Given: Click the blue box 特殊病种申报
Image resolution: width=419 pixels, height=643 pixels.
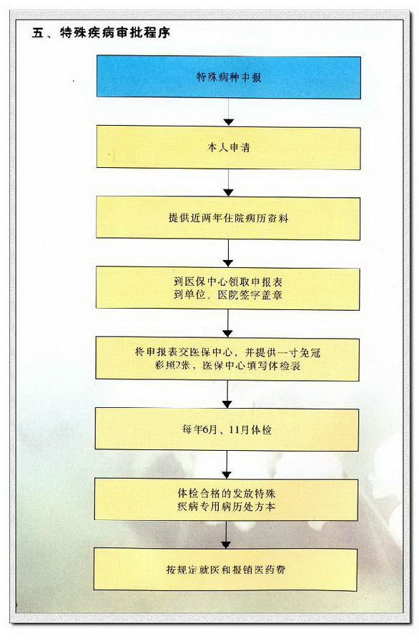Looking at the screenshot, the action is click(229, 77).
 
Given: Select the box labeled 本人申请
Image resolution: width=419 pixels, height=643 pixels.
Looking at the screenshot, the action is click(229, 148).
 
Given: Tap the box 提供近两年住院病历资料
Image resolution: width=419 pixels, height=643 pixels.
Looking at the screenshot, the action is click(228, 218).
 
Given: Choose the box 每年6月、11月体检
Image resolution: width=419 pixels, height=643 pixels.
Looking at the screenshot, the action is click(227, 429).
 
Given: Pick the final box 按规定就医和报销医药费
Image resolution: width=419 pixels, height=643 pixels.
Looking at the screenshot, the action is click(226, 569).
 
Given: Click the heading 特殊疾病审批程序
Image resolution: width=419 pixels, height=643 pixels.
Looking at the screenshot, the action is click(115, 33).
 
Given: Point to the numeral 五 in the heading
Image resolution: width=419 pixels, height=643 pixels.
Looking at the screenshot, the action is click(38, 33).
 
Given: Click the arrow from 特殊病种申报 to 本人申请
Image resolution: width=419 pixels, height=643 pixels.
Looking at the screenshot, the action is click(229, 112).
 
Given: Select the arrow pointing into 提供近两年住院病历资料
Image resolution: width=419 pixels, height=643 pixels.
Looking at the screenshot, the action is click(229, 183).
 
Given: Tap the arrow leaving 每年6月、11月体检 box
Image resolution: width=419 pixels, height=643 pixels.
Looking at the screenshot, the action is click(227, 464).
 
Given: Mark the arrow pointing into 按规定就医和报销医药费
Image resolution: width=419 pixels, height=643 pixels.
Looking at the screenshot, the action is click(226, 534).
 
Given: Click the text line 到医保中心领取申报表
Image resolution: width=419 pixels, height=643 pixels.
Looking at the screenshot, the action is click(228, 281).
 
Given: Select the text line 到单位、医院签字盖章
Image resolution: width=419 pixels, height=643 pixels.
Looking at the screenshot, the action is click(228, 295).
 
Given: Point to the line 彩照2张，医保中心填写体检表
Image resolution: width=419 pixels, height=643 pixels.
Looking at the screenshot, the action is click(228, 365).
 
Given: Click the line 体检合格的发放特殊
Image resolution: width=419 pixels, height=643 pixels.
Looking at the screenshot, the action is click(227, 493).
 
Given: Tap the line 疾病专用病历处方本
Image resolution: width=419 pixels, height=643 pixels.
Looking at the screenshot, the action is click(227, 507).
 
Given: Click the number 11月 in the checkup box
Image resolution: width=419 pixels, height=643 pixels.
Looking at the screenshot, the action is click(239, 430).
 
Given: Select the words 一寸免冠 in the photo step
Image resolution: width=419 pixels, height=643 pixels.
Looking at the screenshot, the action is click(299, 352).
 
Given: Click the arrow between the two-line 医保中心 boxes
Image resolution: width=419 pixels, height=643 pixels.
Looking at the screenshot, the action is click(228, 324).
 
